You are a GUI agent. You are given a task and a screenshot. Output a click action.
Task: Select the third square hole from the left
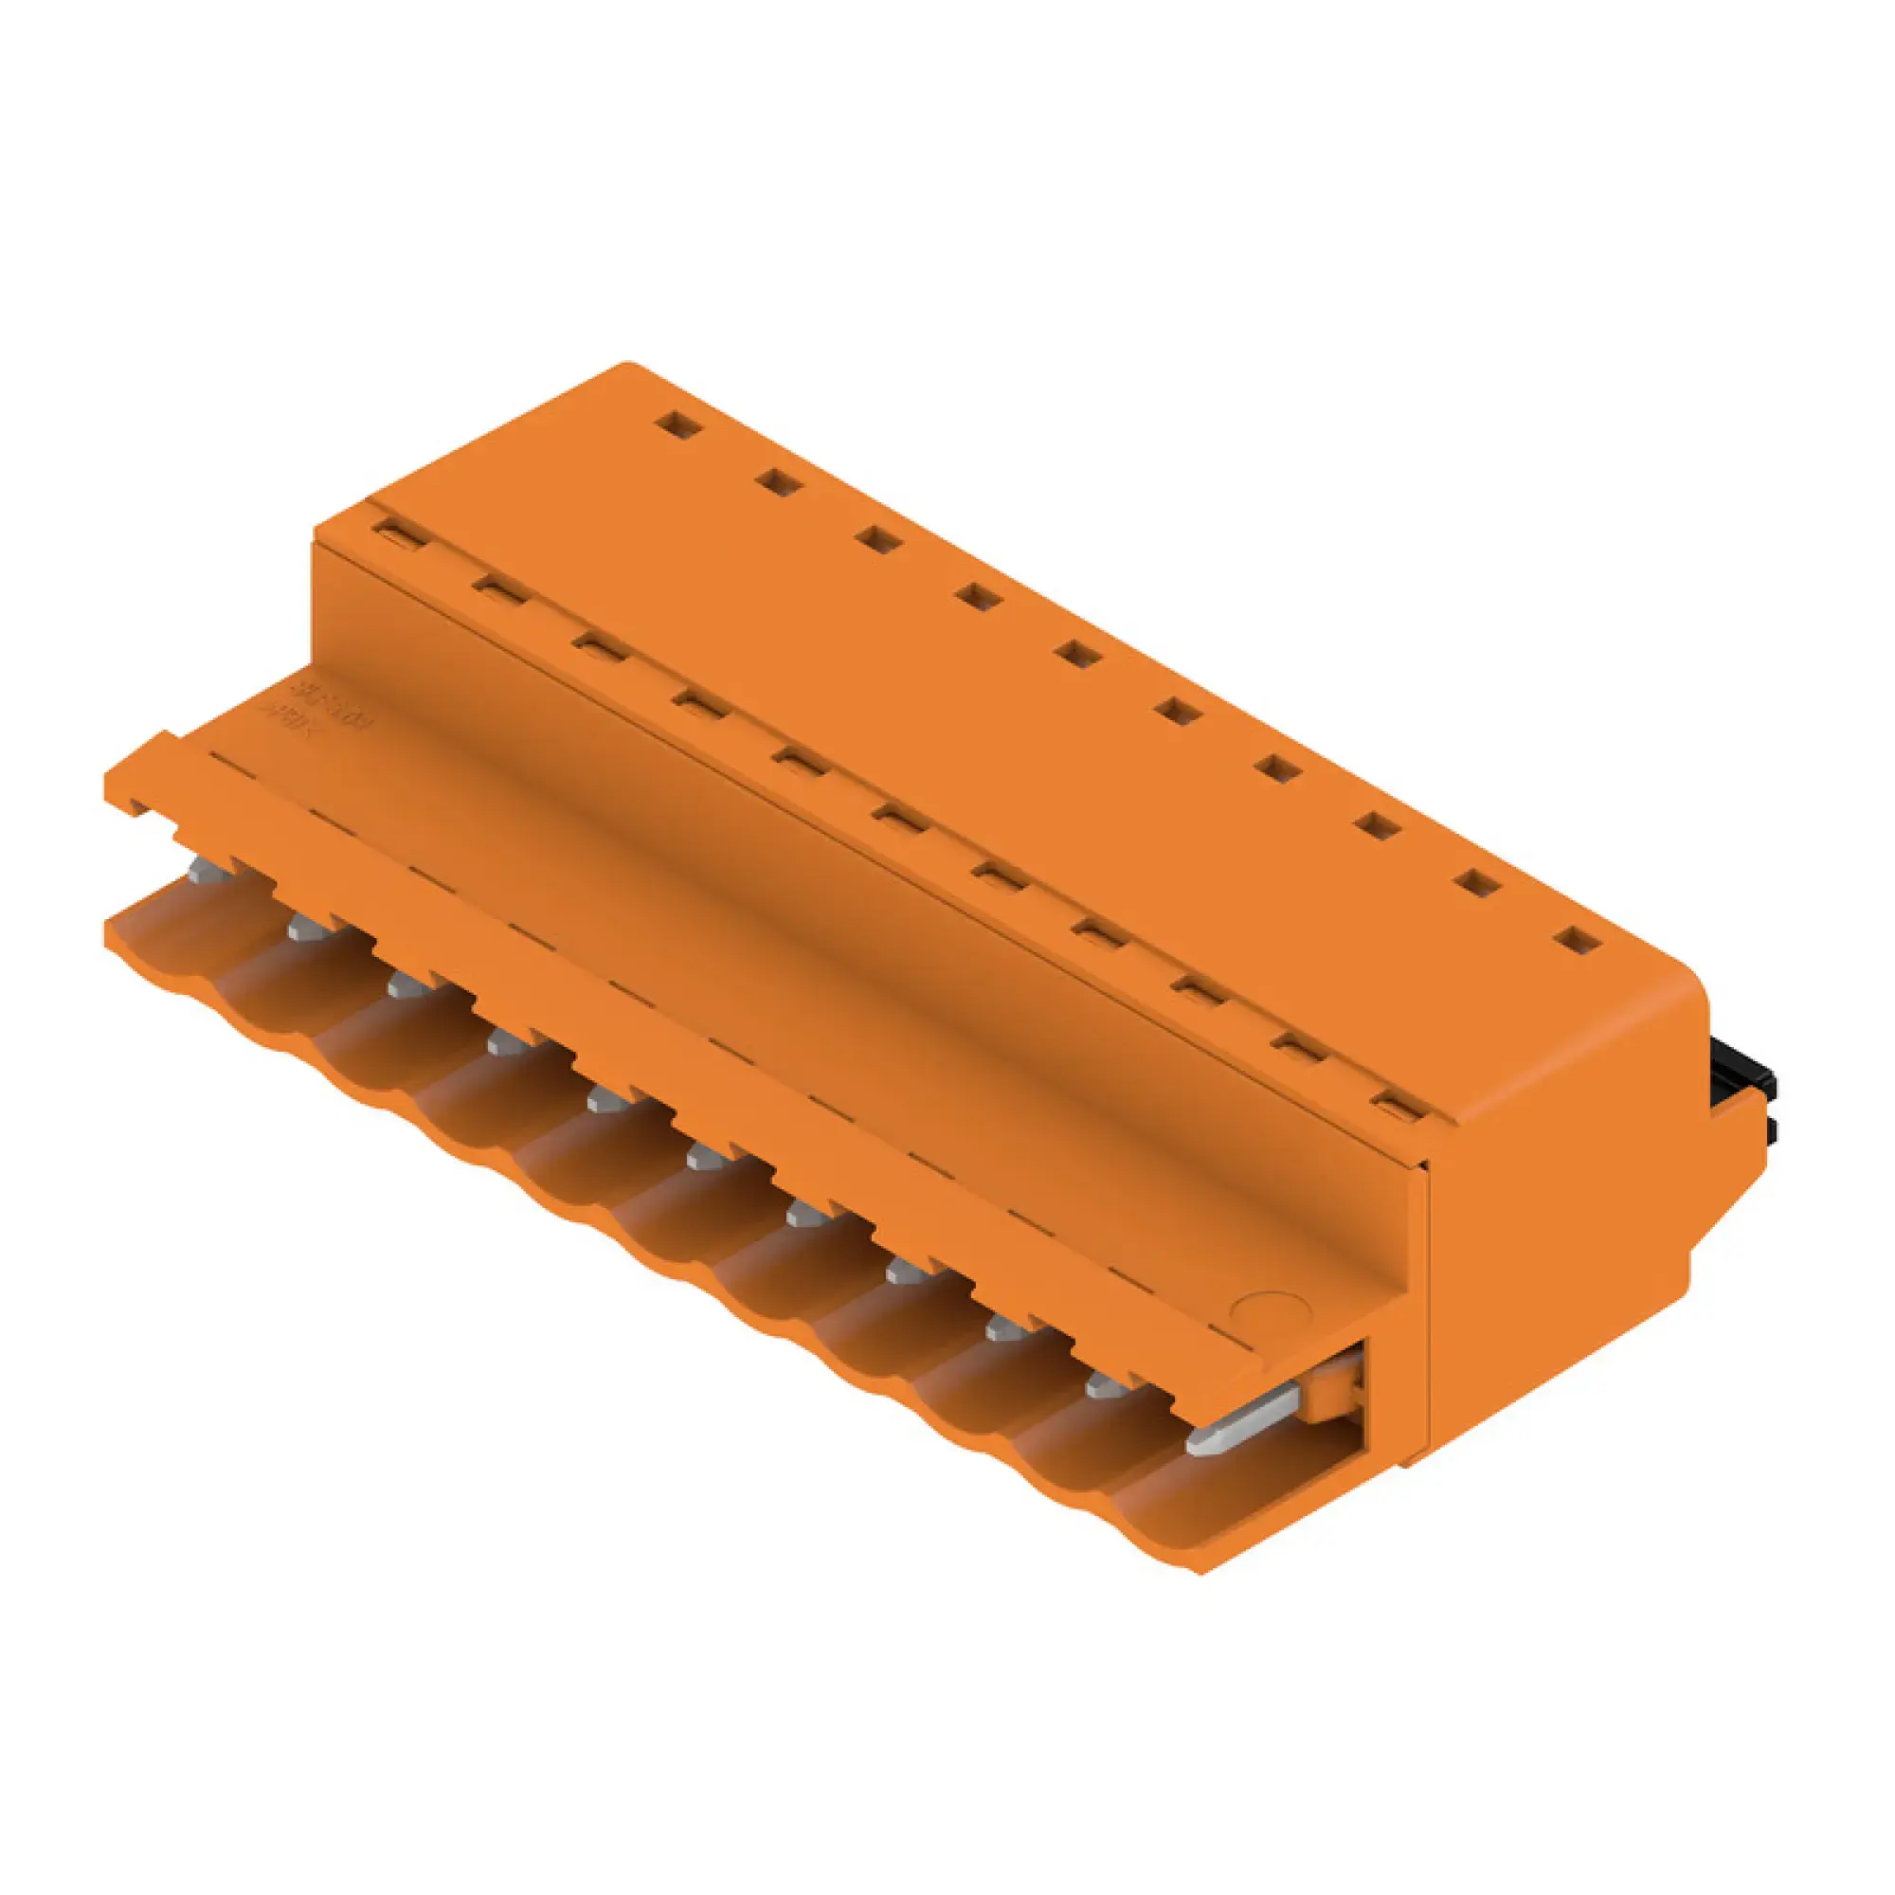(x=878, y=539)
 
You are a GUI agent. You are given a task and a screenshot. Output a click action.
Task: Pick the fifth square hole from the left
(x=1079, y=654)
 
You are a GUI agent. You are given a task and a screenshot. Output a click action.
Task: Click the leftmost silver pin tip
(x=207, y=869)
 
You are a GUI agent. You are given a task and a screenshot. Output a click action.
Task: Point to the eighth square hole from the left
(x=1379, y=827)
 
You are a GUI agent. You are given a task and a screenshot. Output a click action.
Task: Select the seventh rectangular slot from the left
(x=1001, y=875)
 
